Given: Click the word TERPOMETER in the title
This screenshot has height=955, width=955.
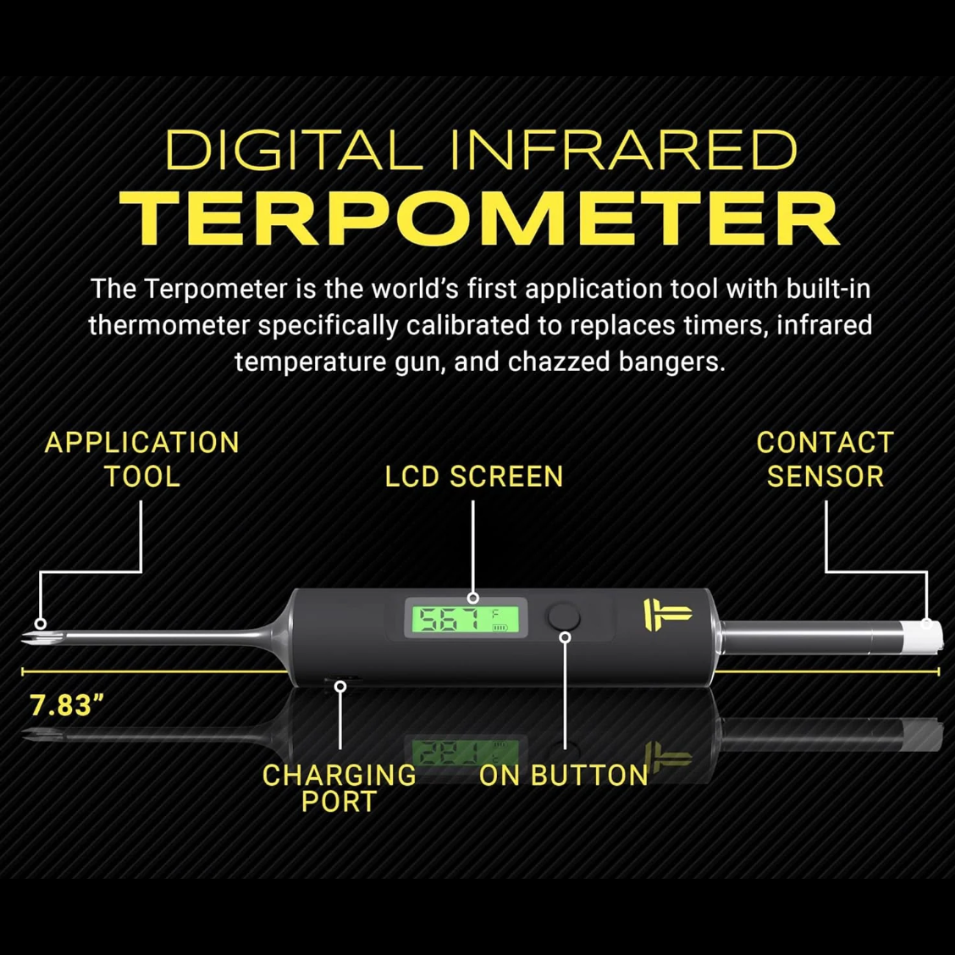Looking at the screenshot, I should point(479,218).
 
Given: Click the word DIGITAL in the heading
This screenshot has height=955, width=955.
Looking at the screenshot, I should point(293,150).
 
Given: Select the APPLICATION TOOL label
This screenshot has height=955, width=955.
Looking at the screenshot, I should point(142,459).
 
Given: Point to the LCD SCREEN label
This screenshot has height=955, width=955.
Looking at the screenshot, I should point(474,477).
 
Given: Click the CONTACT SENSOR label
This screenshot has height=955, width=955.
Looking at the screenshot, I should point(825,459).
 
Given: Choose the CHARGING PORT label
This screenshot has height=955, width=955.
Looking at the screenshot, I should point(339,787).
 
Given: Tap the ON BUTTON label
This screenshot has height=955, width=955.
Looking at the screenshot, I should point(563,776).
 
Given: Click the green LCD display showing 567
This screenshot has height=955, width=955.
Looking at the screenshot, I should point(466,618).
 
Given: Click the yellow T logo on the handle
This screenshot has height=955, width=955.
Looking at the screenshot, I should point(665,614).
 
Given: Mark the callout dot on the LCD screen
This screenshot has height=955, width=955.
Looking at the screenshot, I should point(473,599).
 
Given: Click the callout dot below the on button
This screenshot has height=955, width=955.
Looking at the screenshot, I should point(565,638).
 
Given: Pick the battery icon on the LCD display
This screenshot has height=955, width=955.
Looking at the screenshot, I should point(500,627).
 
